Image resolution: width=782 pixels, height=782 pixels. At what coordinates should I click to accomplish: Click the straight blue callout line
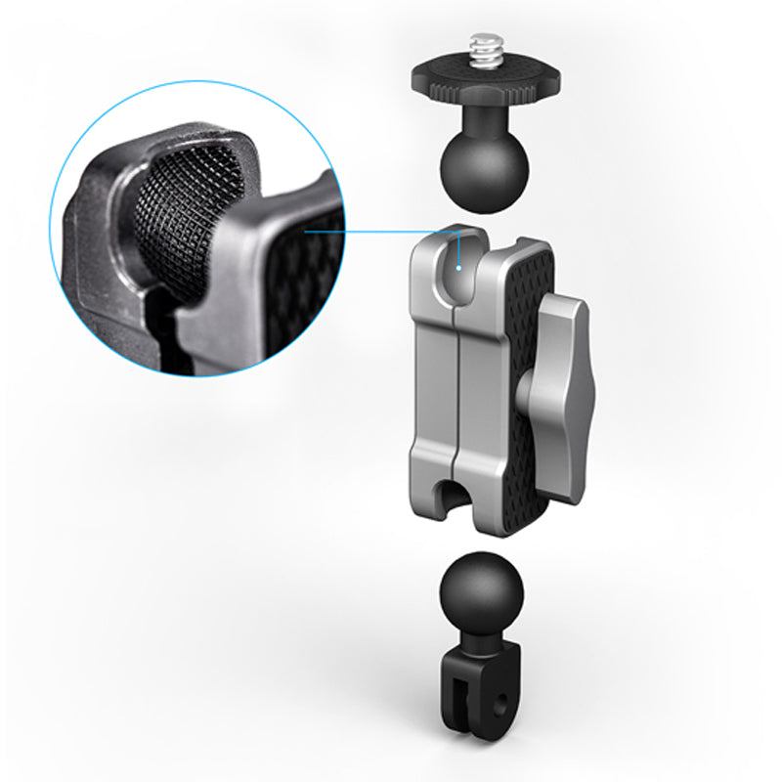tap(381, 233)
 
